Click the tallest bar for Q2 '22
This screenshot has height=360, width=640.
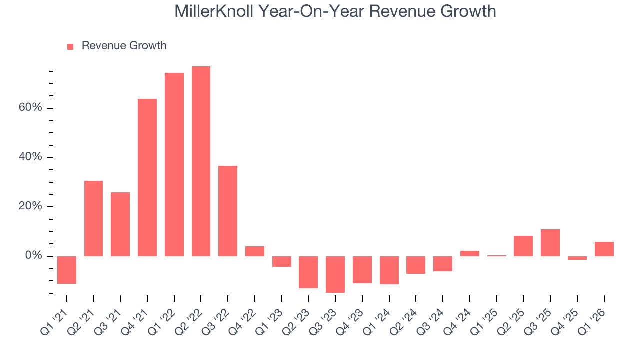tap(201, 161)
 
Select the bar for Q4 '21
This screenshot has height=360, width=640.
tap(147, 177)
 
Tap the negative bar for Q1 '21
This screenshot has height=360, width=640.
tap(67, 270)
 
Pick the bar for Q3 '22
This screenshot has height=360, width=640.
tap(228, 211)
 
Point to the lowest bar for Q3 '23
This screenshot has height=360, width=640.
tap(335, 274)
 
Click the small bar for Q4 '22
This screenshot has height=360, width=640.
tap(255, 251)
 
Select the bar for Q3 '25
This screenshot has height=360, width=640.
tap(550, 243)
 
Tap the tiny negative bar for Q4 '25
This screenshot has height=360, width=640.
tap(577, 258)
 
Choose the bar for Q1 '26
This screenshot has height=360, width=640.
tap(604, 249)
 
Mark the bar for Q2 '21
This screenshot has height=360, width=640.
tap(93, 218)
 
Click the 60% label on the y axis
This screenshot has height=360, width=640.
tap(31, 108)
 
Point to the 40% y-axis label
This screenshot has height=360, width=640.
tap(31, 157)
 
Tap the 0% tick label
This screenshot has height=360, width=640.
tap(34, 256)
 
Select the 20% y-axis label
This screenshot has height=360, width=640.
tap(31, 207)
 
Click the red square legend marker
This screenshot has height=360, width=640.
tap(70, 46)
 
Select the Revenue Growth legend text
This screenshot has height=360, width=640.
tap(124, 46)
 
